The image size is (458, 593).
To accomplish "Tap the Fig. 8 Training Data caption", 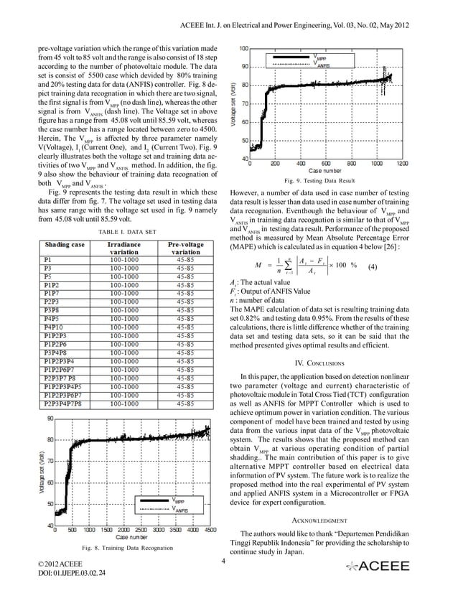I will (x=121, y=548).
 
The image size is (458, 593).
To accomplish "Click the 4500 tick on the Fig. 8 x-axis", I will (x=207, y=531).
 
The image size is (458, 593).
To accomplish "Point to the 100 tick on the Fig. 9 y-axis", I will (x=244, y=48).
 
